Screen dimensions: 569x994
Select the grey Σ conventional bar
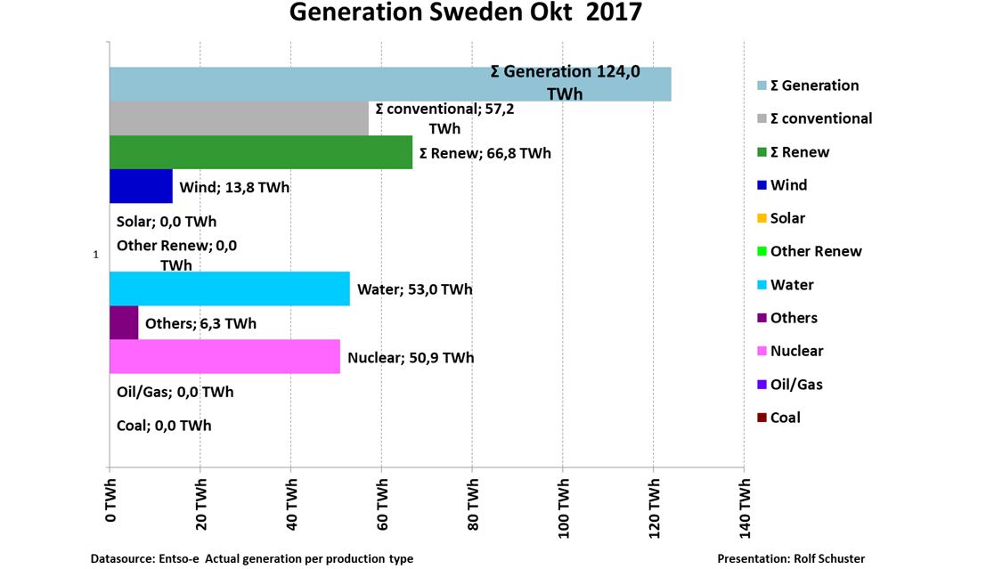(x=239, y=118)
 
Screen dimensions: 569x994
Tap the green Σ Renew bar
(x=260, y=152)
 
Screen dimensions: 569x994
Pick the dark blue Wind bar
(x=141, y=186)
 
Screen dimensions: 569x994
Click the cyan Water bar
(x=229, y=289)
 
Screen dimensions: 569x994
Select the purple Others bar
(x=124, y=322)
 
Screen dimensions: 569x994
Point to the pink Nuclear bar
(x=224, y=356)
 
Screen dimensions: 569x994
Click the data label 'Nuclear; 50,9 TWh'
(x=411, y=358)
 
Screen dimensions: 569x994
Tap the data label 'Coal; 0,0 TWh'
(x=164, y=426)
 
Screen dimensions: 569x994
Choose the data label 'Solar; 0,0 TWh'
(x=167, y=222)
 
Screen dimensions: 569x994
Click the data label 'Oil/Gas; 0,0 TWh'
(x=175, y=392)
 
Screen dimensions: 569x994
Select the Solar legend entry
(x=787, y=218)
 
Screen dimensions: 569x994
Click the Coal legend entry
(x=785, y=418)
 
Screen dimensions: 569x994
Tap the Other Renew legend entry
(x=816, y=251)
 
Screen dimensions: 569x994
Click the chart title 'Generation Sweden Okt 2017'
(x=465, y=14)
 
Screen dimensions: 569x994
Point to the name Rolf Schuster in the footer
(x=828, y=558)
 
